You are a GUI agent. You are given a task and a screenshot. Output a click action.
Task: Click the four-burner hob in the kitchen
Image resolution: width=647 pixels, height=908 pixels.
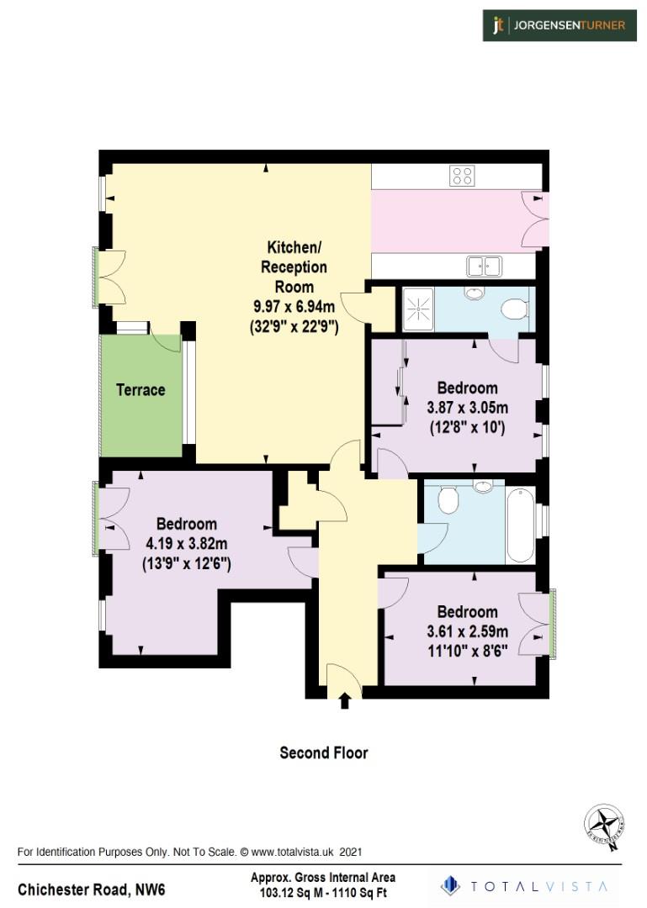(462, 176)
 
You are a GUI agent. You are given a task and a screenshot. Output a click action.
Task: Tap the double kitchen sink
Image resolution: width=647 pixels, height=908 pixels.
(484, 266)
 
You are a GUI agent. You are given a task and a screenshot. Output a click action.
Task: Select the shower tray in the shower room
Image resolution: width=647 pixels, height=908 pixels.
(418, 308)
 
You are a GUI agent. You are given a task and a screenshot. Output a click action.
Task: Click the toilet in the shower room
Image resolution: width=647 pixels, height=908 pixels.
(513, 309)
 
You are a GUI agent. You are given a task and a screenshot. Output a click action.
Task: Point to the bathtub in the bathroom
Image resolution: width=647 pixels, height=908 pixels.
(520, 525)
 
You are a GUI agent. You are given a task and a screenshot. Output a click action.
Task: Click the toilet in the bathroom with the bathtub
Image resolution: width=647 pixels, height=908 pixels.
(448, 501)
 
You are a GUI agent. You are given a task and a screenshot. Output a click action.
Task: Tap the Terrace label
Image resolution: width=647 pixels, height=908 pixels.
(141, 390)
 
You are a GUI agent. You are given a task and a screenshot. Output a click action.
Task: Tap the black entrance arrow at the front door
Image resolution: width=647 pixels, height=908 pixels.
(344, 700)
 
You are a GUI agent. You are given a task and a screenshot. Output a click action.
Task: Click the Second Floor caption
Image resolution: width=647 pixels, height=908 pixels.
(323, 752)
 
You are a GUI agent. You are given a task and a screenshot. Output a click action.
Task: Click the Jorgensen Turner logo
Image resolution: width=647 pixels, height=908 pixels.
(559, 25)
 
